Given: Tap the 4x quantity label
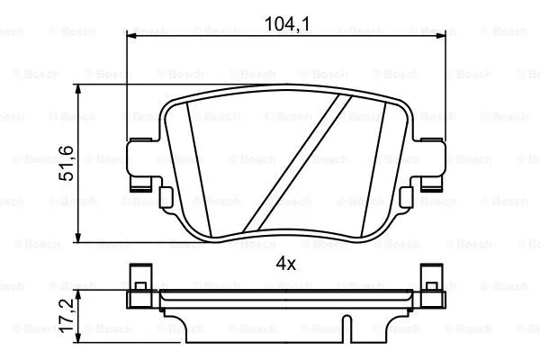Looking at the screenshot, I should click(286, 264).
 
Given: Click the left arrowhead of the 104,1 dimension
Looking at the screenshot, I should click(130, 36).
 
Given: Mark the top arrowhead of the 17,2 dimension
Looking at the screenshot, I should click(82, 294).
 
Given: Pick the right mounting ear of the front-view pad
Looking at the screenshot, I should click(431, 163).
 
